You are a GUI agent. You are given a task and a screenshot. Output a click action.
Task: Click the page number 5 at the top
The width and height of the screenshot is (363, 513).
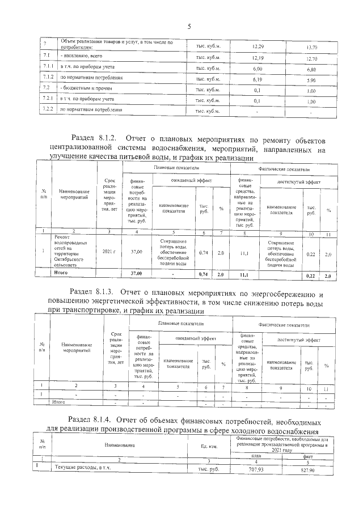[189, 26]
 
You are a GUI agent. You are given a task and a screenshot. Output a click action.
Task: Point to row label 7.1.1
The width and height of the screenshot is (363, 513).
[48, 67]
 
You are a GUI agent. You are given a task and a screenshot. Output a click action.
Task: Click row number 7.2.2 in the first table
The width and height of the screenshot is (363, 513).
[48, 109]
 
